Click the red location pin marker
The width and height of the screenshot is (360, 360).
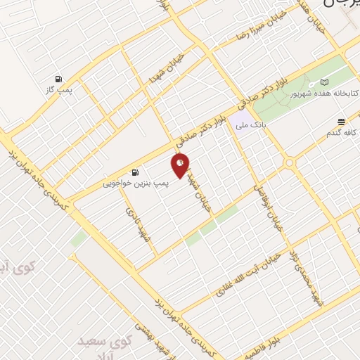coord(181,166)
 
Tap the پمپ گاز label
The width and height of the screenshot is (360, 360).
coord(60,89)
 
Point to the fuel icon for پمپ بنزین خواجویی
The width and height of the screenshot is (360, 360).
coord(134,172)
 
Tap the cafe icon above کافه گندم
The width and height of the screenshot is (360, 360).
coord(341,121)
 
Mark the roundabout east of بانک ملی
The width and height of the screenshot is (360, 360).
coord(289,163)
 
